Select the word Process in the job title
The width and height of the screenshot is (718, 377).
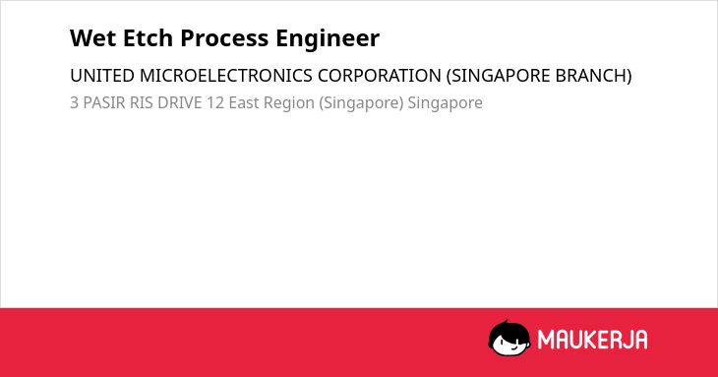click(224, 38)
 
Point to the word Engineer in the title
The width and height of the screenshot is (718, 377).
click(328, 39)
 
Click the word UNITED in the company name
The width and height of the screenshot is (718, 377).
click(102, 76)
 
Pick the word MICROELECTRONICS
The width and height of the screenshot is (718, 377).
click(226, 76)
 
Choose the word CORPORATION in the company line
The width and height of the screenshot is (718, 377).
click(380, 76)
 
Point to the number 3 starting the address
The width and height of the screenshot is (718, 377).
click(74, 103)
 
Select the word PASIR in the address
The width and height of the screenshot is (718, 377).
click(104, 103)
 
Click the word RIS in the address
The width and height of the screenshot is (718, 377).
click(142, 103)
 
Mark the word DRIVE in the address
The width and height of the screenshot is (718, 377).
click(180, 103)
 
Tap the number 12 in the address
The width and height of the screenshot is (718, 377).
click(215, 103)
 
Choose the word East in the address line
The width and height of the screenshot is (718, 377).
click(244, 103)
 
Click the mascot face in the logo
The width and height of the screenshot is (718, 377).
click(509, 339)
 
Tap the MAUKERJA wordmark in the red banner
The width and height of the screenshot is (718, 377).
click(592, 340)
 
